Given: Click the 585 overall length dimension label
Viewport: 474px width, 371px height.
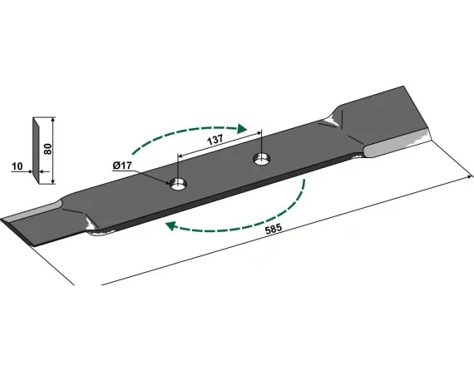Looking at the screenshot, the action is (274, 229).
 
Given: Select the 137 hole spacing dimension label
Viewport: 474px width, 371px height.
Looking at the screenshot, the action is (215, 140).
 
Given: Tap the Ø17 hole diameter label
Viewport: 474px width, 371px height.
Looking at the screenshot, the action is (122, 166).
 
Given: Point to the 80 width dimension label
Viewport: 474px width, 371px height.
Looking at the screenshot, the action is (47, 150).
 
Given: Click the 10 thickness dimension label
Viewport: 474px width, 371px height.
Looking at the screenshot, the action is (17, 166).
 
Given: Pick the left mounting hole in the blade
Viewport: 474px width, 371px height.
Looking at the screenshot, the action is (179, 184).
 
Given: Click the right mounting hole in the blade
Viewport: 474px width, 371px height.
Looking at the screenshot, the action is (262, 159).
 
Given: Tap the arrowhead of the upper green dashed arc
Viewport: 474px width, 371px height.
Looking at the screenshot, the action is (242, 129).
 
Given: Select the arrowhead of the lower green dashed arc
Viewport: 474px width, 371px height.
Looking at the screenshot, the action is (170, 225).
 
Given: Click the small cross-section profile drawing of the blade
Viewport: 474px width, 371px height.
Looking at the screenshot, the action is (36, 151).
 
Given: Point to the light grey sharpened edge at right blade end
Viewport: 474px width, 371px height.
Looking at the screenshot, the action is (396, 145).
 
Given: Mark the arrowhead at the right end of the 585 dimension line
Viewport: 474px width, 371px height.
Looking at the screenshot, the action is (470, 176).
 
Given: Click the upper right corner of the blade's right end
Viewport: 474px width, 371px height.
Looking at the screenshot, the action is (403, 87).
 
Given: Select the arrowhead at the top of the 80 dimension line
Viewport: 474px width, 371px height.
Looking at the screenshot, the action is (53, 119).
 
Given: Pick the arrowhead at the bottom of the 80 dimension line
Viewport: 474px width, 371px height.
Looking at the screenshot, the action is (53, 181).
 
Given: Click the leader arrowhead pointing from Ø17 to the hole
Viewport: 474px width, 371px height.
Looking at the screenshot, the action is (167, 183).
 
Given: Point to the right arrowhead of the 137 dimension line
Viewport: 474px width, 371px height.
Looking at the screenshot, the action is (259, 133).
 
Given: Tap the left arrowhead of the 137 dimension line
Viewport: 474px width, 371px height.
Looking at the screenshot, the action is (180, 156).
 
